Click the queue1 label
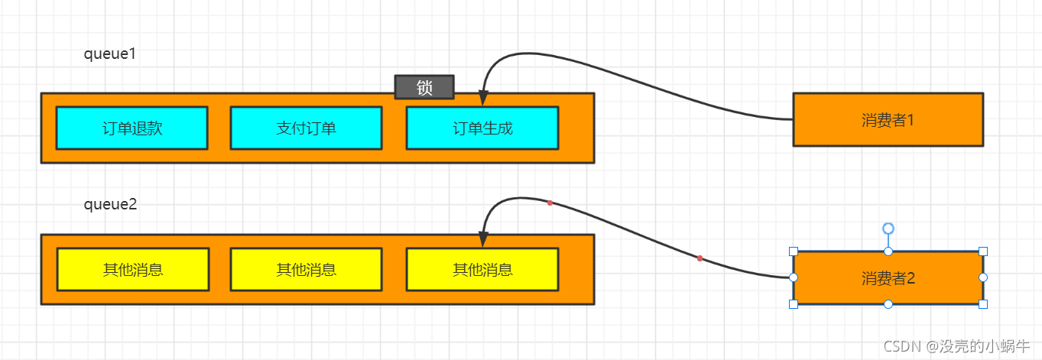tap(109, 54)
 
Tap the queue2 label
tap(109, 204)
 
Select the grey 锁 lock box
tap(424, 87)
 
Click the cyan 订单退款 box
tap(131, 128)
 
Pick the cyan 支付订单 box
tap(306, 128)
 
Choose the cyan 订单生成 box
tap(482, 128)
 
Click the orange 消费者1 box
tap(888, 119)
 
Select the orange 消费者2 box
tap(888, 277)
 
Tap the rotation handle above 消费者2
tap(888, 229)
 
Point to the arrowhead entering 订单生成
tap(482, 99)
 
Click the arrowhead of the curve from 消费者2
tap(482, 240)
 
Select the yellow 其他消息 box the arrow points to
tap(482, 269)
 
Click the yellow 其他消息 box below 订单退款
tap(132, 269)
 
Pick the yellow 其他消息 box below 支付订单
tap(306, 269)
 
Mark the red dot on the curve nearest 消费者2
tap(700, 258)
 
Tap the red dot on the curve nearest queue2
tap(550, 203)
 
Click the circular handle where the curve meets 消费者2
tap(794, 277)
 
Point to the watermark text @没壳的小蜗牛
tap(979, 346)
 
